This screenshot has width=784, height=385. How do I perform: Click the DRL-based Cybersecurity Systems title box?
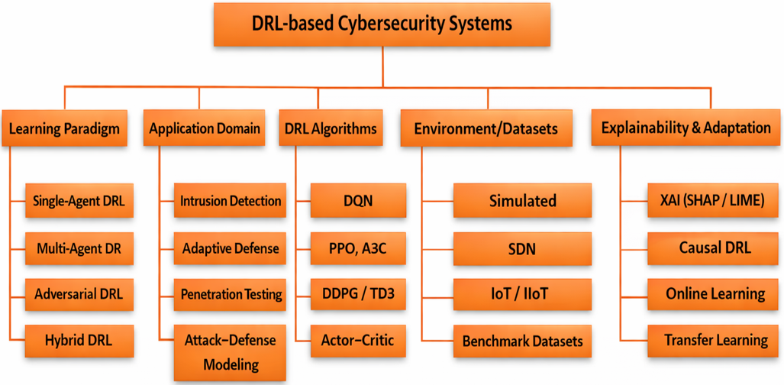[x=382, y=24]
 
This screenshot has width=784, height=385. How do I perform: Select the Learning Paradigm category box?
[x=64, y=128]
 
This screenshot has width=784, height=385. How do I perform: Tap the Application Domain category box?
[x=205, y=128]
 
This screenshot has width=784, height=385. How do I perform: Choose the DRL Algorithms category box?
[x=331, y=128]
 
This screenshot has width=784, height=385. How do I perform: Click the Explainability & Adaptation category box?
[x=686, y=128]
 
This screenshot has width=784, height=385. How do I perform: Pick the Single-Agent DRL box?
[x=79, y=202]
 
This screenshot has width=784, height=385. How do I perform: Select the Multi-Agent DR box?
[x=79, y=248]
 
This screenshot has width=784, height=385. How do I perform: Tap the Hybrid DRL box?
[x=79, y=341]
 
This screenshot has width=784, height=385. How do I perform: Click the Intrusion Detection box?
[x=231, y=202]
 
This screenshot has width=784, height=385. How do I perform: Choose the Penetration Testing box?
[x=231, y=294]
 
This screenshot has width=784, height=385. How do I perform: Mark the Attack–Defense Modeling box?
[x=231, y=352]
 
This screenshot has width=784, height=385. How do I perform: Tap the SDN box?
[x=522, y=248]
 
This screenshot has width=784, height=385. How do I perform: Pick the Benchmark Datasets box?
[x=522, y=341]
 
